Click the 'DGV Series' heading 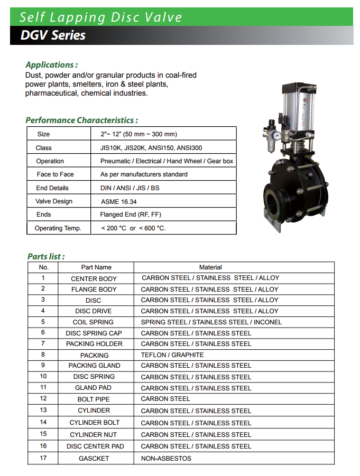click(x=53, y=36)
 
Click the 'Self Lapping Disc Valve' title click(x=101, y=17)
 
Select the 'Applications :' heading click(x=52, y=65)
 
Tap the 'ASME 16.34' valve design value click(x=118, y=201)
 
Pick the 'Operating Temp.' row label click(x=58, y=228)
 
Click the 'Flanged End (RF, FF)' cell click(x=131, y=214)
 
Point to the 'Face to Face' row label click(x=55, y=174)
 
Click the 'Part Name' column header click(x=96, y=267)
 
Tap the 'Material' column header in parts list click(x=210, y=267)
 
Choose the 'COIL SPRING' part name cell click(x=93, y=322)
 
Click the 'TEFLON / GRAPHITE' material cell click(x=172, y=355)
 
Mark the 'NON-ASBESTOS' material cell click(x=166, y=459)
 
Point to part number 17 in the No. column click(x=43, y=458)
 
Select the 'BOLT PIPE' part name click(x=94, y=399)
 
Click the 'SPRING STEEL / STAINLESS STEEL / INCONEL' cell click(x=211, y=322)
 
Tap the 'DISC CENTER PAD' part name click(x=95, y=446)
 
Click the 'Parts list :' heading click(x=46, y=257)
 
